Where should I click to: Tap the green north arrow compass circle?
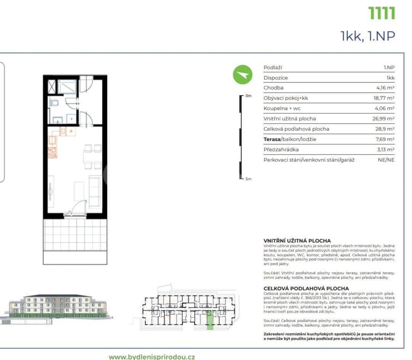tap(243, 75)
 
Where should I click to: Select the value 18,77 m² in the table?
tap(384, 98)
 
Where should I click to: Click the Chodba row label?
tap(274, 88)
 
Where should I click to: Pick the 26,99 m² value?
tap(383, 119)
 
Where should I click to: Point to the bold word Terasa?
tap(272, 139)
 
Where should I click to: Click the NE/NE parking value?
tap(386, 160)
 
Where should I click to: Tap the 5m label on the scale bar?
tap(249, 179)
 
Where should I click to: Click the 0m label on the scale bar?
tap(249, 96)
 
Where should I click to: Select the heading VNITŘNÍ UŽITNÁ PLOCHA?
tap(297, 241)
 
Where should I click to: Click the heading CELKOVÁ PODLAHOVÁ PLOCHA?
tap(306, 288)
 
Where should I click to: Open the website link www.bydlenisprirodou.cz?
tap(152, 357)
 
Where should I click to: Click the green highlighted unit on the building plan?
tap(210, 320)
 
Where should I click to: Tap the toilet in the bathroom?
tap(55, 103)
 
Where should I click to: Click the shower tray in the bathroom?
tap(67, 86)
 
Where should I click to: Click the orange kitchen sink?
tap(52, 152)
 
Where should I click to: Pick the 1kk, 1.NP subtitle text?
tap(367, 36)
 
